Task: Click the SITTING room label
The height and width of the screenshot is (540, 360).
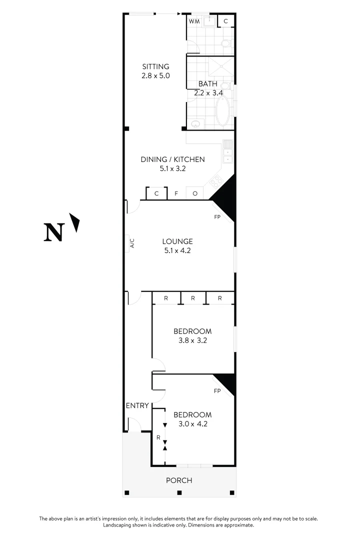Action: click(x=155, y=66)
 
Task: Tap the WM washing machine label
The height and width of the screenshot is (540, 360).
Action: click(x=193, y=21)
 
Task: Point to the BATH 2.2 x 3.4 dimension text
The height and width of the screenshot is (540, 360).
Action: click(x=208, y=92)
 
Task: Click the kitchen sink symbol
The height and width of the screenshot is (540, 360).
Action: click(x=227, y=151)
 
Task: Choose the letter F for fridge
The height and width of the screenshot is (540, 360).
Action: click(x=176, y=193)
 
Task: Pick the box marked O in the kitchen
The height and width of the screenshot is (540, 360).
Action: click(x=194, y=193)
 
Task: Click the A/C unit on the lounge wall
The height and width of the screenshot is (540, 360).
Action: click(x=132, y=243)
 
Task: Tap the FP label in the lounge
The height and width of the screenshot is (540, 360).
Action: click(x=217, y=217)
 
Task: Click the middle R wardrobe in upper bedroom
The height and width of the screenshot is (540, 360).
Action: click(x=193, y=298)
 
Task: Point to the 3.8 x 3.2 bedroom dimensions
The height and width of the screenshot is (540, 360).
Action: click(x=192, y=340)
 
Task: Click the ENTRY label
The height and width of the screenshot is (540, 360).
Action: click(x=137, y=405)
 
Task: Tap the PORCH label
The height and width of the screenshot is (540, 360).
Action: click(x=179, y=480)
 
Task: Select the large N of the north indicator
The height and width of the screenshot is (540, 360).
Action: click(x=54, y=232)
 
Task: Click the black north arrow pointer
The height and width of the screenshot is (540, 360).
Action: click(x=75, y=222)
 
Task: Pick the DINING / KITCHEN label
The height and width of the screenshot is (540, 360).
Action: click(x=172, y=159)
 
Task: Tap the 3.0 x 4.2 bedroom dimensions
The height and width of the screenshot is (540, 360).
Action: click(x=192, y=424)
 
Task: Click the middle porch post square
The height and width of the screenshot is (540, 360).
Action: click(x=179, y=492)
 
